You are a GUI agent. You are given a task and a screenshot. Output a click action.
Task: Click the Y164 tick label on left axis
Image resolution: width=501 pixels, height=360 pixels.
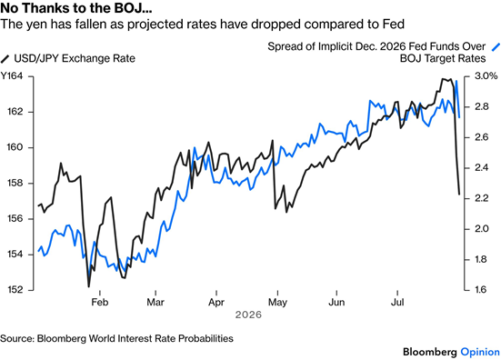click(12, 76)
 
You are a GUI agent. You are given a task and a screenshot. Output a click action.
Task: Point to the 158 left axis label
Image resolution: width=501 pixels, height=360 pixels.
click(15, 184)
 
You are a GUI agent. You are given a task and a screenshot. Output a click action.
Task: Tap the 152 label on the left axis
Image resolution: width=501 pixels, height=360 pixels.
click(15, 290)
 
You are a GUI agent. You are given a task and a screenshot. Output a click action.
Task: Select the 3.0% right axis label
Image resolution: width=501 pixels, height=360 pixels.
click(486, 76)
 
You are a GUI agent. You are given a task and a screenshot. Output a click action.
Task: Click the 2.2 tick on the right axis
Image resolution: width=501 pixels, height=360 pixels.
click(482, 198)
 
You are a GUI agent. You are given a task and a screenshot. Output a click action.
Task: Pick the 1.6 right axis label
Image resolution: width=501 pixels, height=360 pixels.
click(482, 289)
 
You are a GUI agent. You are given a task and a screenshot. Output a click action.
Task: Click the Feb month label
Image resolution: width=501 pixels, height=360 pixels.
click(100, 302)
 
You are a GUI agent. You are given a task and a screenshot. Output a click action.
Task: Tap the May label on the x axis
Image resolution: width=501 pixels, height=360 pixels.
click(277, 303)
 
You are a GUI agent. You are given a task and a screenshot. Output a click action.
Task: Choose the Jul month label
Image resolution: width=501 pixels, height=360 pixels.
click(397, 302)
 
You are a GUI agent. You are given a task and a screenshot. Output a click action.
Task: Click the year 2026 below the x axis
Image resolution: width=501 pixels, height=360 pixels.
click(248, 315)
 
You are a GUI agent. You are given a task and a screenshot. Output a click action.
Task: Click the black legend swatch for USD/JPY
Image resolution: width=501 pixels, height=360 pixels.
click(5, 59)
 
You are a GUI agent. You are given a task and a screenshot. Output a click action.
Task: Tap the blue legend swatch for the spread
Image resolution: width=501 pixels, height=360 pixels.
click(496, 47)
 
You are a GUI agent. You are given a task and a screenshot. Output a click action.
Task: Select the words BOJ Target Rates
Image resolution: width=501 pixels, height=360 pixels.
click(443, 58)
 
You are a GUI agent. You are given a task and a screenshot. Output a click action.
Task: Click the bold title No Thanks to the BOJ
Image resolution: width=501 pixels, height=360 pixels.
click(76, 8)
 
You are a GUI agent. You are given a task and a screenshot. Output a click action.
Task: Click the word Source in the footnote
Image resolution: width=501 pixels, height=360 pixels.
click(17, 338)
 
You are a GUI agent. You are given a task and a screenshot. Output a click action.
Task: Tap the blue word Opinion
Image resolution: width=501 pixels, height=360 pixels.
click(480, 353)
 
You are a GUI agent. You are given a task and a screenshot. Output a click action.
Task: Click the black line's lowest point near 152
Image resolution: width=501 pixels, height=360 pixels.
click(88, 286)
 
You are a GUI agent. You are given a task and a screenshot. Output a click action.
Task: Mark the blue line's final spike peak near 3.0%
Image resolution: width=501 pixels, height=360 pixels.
click(456, 81)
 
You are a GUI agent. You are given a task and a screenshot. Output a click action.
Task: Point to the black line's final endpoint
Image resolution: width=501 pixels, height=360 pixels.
click(459, 194)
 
